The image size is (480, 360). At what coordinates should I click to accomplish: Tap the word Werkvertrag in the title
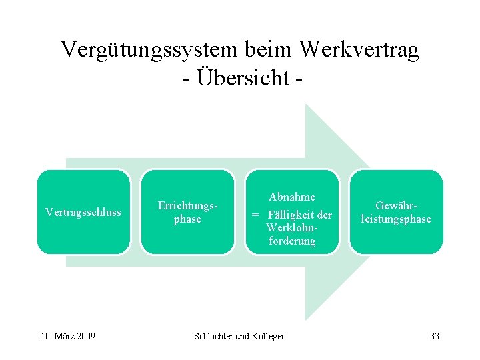tap(359, 50)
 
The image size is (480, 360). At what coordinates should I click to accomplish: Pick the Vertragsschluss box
tap(83, 212)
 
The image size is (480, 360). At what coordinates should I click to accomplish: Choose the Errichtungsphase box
tap(187, 212)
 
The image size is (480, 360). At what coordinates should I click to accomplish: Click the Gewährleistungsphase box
tap(396, 212)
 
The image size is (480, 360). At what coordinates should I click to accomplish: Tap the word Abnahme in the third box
tap(292, 197)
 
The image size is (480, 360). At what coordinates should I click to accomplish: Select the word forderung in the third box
tap(292, 241)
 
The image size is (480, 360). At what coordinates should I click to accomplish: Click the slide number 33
tap(435, 336)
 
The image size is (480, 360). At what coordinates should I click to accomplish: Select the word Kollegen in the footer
tap(269, 336)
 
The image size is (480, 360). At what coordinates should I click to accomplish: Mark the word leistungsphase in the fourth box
tap(396, 219)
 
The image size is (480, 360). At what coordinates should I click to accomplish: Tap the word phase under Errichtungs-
tap(187, 219)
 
